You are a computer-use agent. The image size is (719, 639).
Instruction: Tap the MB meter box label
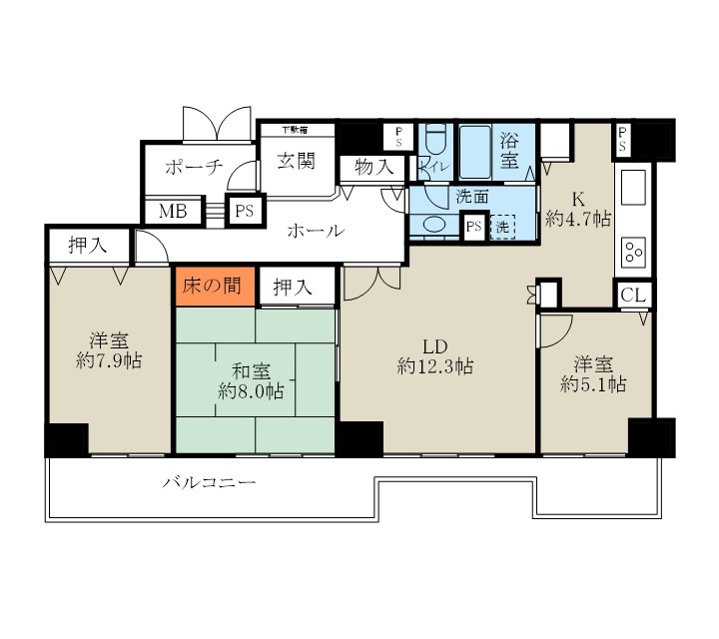point(171,212)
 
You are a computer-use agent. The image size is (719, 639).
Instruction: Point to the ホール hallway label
point(316,232)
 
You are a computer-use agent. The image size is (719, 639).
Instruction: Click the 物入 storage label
point(373,168)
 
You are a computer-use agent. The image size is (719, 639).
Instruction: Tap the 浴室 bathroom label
point(509,149)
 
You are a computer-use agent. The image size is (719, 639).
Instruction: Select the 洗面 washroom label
point(471,196)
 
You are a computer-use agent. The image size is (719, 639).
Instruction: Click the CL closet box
point(633,295)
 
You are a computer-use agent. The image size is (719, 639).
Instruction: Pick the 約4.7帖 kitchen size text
point(579,219)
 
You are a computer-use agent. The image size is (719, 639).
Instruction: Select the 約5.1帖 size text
point(593,383)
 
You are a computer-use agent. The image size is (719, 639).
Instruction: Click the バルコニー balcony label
point(211,485)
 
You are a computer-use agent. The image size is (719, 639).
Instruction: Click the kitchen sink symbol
point(635,189)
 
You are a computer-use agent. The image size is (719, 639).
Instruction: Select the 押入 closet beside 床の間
point(294,287)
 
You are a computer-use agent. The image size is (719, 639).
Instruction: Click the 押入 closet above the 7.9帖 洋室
point(89,243)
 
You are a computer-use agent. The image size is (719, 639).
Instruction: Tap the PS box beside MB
point(243,212)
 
